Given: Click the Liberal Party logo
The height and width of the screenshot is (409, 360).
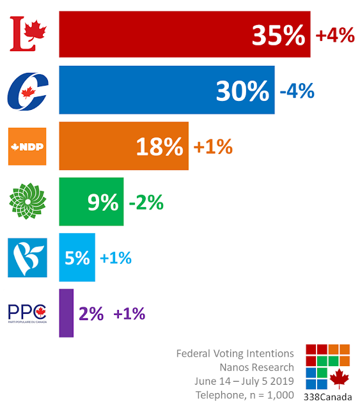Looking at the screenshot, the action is click(28, 34).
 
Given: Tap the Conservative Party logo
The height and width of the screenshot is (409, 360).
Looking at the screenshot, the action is click(28, 91).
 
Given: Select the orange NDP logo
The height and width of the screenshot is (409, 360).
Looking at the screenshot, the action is click(27, 146).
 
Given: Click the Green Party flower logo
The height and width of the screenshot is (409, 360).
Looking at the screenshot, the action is click(27, 201).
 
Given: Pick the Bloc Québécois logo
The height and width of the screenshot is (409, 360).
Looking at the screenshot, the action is click(27, 258).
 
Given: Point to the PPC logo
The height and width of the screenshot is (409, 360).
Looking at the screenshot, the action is click(27, 314).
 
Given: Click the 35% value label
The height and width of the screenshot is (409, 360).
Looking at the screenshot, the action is click(279, 35).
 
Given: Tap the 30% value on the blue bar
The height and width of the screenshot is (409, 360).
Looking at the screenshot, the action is click(242, 91).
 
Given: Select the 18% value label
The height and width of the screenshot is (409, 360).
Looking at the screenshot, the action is click(159, 146).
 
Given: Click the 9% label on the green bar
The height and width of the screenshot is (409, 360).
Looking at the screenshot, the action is click(103, 202).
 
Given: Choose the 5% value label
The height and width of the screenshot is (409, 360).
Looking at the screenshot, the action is click(77, 258).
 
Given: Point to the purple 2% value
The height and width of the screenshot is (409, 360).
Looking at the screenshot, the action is click(91, 314).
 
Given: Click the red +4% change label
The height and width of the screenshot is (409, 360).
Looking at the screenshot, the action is click(335, 35).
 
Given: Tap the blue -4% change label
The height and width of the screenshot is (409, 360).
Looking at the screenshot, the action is click(297, 91).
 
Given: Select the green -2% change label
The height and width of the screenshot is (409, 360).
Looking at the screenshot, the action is click(146, 202).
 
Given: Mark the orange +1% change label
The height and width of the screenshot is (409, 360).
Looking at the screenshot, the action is click(213, 146).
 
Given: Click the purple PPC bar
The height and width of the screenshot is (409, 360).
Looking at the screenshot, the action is click(67, 313).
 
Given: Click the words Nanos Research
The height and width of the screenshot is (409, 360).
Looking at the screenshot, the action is click(257, 367).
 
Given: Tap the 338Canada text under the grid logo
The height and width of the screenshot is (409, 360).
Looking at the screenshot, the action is click(328, 397).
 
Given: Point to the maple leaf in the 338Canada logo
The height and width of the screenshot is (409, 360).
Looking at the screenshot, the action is click(339, 379).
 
